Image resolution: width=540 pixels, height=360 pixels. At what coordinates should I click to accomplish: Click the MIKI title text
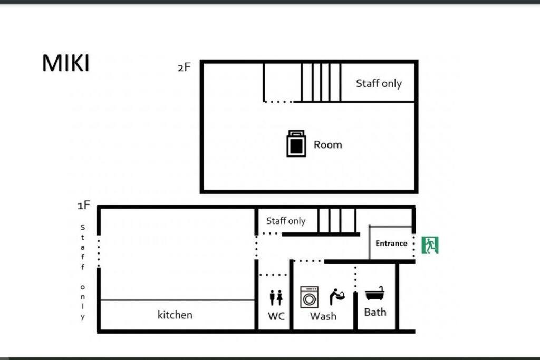(65, 63)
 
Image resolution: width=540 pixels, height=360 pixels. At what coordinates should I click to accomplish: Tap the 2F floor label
(184, 67)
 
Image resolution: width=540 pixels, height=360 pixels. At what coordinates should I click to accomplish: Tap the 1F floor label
(84, 206)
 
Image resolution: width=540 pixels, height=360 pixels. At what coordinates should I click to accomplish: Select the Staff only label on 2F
(379, 83)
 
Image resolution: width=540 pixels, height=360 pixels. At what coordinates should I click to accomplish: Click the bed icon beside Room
(296, 143)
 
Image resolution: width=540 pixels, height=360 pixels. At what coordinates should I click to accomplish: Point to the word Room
(328, 144)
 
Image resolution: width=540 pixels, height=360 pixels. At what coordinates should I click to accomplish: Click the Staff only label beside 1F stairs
(286, 221)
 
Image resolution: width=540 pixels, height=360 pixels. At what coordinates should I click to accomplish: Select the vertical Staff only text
(83, 272)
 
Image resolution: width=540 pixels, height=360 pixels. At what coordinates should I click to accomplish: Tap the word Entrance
(391, 244)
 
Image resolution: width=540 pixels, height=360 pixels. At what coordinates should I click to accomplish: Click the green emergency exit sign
(430, 245)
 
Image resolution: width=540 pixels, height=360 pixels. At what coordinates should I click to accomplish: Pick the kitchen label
(175, 315)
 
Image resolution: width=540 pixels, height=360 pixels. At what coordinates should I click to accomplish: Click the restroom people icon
(276, 298)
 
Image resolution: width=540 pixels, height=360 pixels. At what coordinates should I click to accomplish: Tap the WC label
(276, 316)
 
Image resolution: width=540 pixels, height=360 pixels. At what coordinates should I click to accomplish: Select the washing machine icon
(309, 297)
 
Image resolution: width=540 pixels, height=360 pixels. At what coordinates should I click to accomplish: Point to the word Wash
(323, 316)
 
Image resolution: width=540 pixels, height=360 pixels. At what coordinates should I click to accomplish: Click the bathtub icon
(375, 293)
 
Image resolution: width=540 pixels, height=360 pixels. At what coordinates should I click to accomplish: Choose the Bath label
(375, 312)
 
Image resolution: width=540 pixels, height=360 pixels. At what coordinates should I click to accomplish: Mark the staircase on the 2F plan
(321, 82)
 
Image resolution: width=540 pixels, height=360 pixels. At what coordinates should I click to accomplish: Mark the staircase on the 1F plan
(337, 221)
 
